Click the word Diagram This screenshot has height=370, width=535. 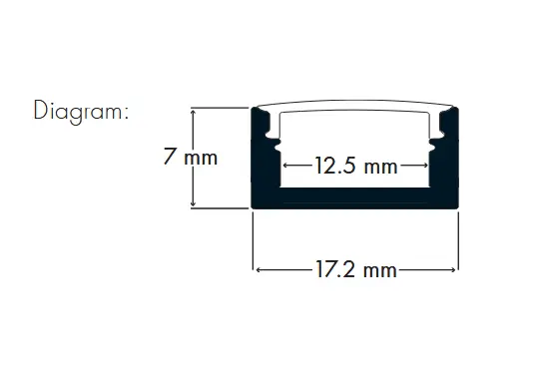[x=78, y=112]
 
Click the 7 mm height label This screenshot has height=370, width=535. [x=190, y=157]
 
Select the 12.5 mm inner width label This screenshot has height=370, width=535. [x=356, y=166]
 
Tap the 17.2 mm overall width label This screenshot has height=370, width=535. [x=355, y=269]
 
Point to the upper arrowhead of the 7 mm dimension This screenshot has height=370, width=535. [x=193, y=112]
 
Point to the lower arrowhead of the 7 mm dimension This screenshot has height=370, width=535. [x=193, y=203]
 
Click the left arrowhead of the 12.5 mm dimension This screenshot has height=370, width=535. [x=286, y=166]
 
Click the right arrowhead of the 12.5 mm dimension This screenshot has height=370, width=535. [x=424, y=166]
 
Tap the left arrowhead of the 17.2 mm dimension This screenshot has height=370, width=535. [x=260, y=269]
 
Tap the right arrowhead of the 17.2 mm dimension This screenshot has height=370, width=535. [x=452, y=269]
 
